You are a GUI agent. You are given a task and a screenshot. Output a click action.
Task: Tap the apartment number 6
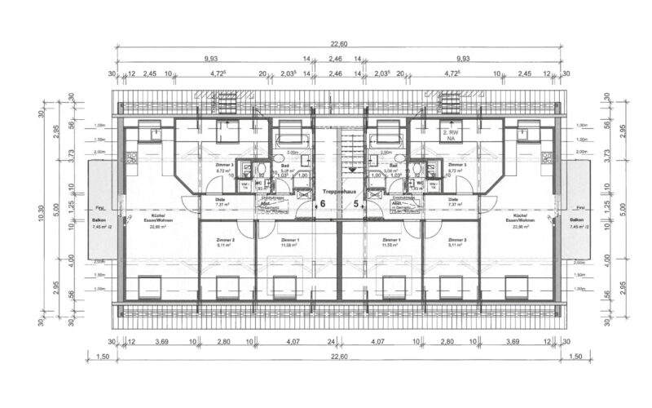coord(322,204)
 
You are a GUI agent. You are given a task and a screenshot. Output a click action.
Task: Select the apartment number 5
coord(355,204)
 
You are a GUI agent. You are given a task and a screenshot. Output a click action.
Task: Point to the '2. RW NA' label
coord(447,135)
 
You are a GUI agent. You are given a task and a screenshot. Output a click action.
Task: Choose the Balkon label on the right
coord(577,220)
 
